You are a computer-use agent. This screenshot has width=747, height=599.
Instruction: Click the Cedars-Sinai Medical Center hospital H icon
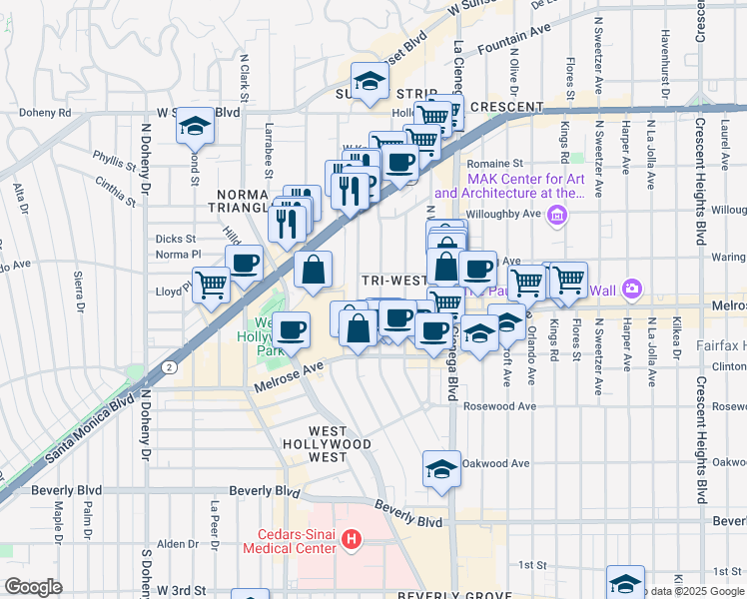[351, 540]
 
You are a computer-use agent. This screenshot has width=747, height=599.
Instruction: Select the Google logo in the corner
[32, 586]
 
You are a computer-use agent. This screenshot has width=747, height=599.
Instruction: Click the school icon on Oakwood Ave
[441, 467]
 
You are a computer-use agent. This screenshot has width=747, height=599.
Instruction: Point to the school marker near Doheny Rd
[195, 125]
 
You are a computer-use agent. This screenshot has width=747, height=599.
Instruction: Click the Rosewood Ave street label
[505, 406]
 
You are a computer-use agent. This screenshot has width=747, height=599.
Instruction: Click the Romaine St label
[497, 163]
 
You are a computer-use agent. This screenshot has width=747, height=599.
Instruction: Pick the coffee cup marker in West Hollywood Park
[292, 328]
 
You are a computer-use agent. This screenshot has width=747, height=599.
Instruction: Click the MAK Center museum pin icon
[557, 215]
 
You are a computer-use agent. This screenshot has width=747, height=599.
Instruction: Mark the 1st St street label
[531, 564]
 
